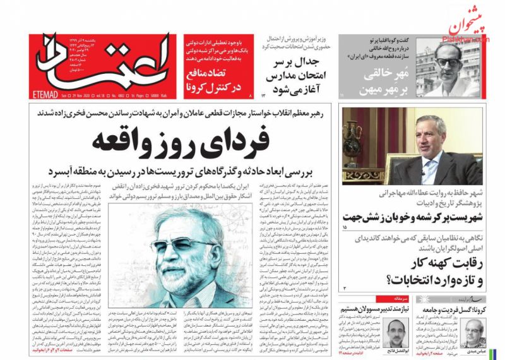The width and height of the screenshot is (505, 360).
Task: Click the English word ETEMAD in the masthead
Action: pos(46,95)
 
